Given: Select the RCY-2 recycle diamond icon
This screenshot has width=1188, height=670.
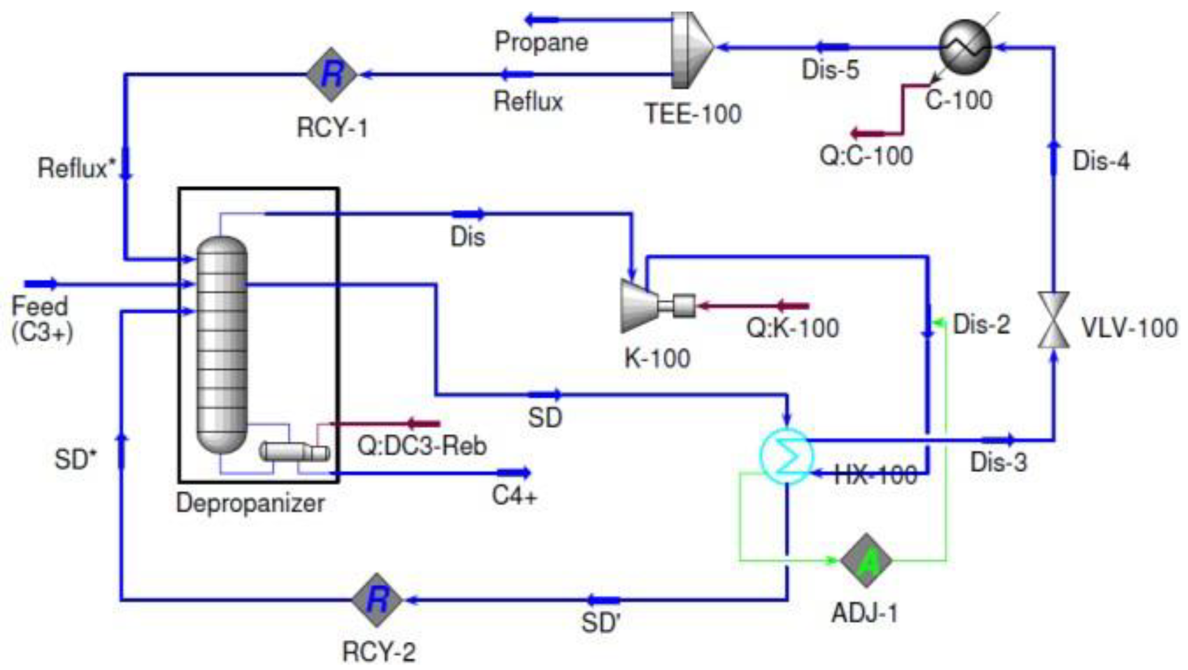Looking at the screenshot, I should pos(377,600).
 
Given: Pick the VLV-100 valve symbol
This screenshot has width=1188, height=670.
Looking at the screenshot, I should pos(1054,319).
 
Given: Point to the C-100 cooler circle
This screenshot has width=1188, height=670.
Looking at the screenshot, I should pos(965,47).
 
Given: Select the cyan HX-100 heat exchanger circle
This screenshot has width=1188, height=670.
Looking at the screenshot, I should pos(787,456).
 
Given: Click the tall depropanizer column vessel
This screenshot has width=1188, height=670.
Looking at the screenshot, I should pos(222,344).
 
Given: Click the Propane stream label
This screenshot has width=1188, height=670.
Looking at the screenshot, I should pos(541,42).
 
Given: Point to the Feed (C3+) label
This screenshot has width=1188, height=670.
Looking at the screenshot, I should pos(41,319).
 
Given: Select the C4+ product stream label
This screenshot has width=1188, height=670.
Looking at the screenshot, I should pos(514,496).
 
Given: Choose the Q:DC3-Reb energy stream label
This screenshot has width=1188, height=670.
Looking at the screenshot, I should pos(422,446).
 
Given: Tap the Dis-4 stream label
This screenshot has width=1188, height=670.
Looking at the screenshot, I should pos(1101,161).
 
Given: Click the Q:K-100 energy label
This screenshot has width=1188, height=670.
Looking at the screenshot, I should pos(792,328).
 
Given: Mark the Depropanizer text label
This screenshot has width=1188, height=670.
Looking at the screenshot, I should pos(250,503).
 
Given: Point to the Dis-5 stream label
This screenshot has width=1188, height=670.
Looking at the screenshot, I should pos(830,70).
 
